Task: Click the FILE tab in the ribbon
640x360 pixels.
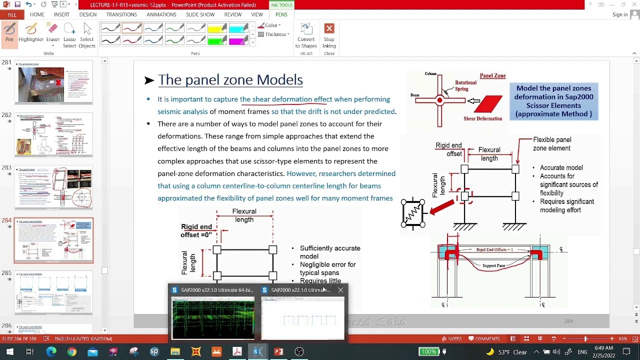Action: (x=11, y=14)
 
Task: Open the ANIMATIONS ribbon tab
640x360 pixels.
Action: (x=161, y=14)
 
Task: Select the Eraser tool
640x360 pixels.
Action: (x=52, y=33)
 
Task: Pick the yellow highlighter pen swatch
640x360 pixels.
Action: (x=217, y=28)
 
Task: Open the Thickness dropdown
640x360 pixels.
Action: (x=276, y=34)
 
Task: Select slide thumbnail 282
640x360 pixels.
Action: (x=53, y=134)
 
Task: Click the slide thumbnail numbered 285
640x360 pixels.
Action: (x=53, y=292)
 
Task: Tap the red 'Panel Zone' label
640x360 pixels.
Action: (x=492, y=75)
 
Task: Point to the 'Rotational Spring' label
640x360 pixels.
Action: (x=465, y=85)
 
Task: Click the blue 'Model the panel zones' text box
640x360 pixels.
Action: (x=553, y=101)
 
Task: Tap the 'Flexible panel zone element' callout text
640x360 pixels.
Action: (x=552, y=144)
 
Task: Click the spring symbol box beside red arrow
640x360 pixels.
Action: (x=413, y=213)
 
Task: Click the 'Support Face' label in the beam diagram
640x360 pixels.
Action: (x=493, y=266)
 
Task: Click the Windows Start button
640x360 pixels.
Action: (x=9, y=351)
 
